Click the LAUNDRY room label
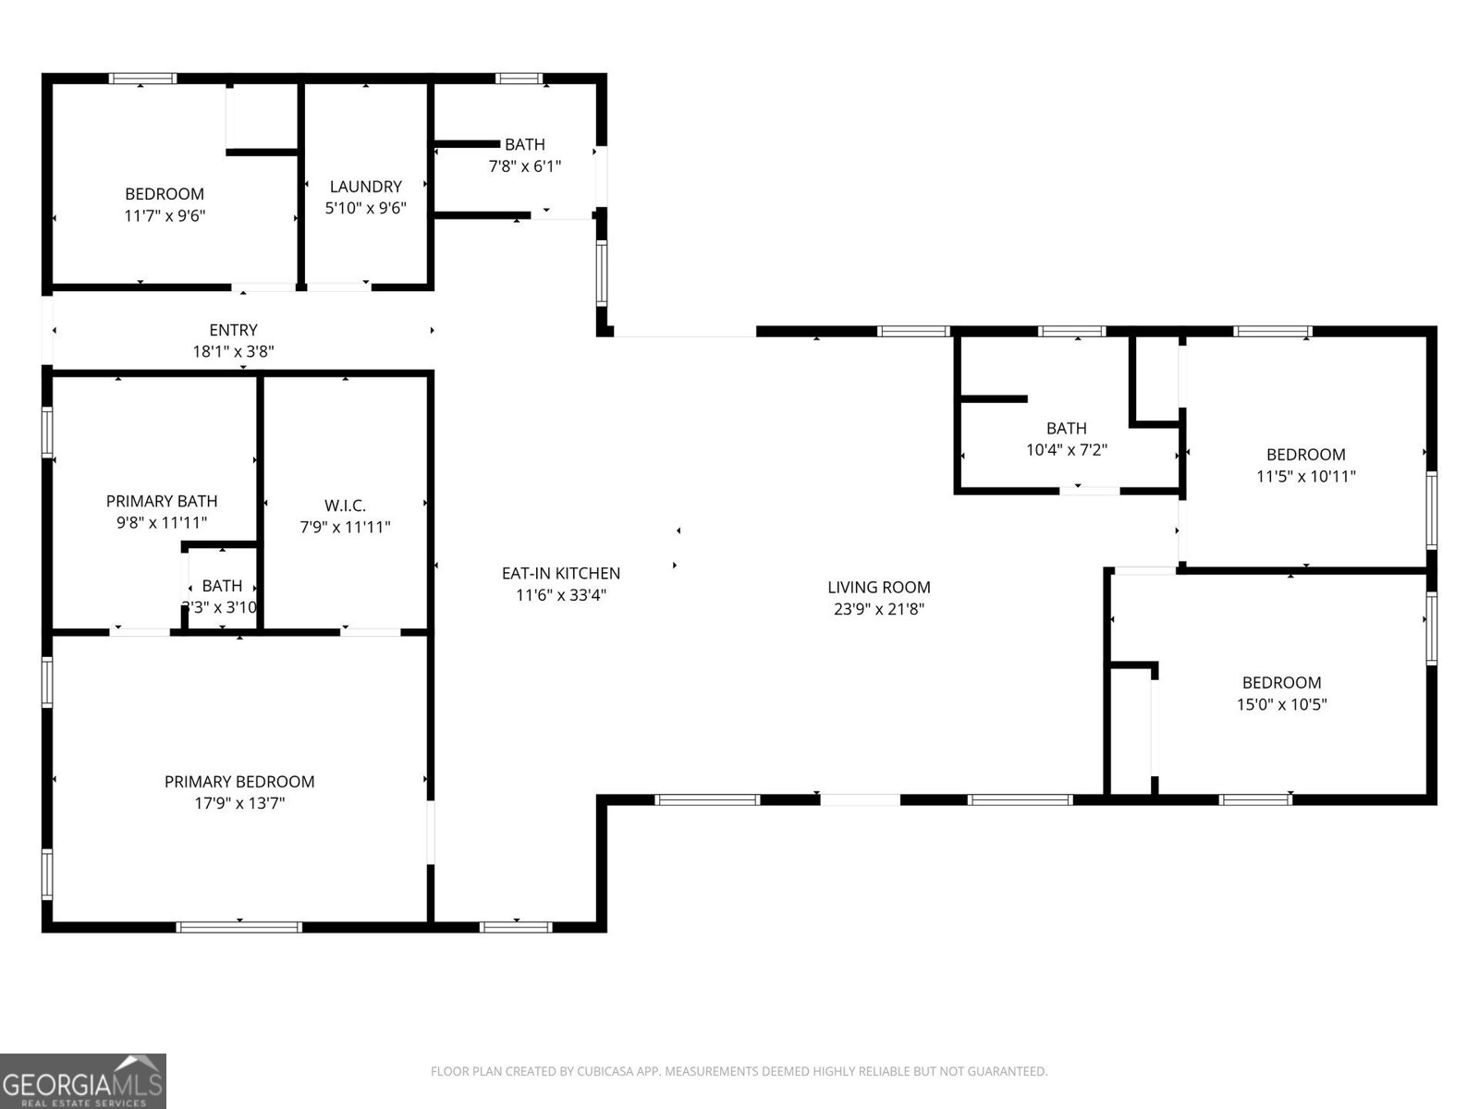point(365,187)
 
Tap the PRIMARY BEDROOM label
point(239,782)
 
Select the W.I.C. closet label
point(345,506)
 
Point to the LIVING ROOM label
point(878,587)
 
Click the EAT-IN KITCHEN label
point(560,573)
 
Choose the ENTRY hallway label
point(233,330)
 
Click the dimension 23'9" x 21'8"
point(878,609)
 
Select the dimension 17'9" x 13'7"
point(239,804)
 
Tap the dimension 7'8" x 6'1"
point(524,166)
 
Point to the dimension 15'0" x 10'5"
point(1281,705)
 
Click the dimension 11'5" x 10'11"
point(1305,477)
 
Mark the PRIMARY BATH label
point(162,501)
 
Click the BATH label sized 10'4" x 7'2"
point(1066,428)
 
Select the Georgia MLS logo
point(82,1081)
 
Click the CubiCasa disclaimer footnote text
point(739,1072)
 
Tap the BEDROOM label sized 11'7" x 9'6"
point(165,194)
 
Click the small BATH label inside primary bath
point(222,586)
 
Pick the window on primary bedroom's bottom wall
point(239,926)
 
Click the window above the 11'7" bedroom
point(142,79)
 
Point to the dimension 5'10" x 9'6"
point(365,209)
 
